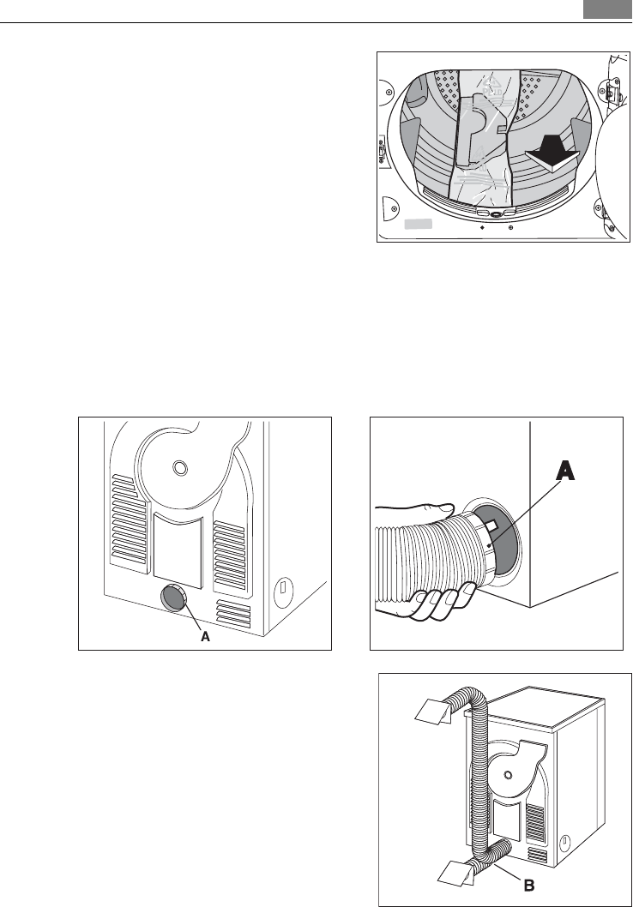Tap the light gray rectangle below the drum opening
[x=417, y=224]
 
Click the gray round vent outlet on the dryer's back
[x=173, y=598]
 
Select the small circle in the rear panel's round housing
[x=178, y=468]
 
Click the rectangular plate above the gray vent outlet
[x=178, y=549]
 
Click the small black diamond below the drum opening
[x=482, y=228]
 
